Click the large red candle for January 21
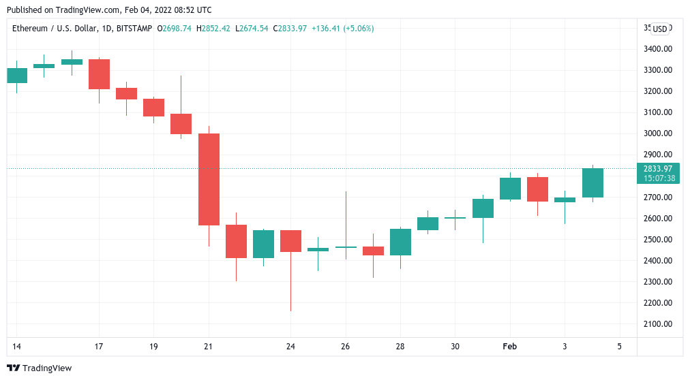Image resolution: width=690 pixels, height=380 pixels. pyautogui.click(x=209, y=179)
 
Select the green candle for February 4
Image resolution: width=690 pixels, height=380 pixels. pyautogui.click(x=592, y=183)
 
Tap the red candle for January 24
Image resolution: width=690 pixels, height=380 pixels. pyautogui.click(x=290, y=241)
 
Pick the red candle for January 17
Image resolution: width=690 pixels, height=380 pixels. pyautogui.click(x=99, y=74)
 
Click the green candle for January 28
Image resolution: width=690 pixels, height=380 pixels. pyautogui.click(x=400, y=242)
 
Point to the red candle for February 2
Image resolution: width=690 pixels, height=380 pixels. pyautogui.click(x=537, y=189)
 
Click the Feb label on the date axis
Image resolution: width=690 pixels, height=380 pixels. pyautogui.click(x=509, y=347)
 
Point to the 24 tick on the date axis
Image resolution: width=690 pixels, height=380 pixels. pyautogui.click(x=290, y=347)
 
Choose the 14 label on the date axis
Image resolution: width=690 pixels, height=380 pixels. pyautogui.click(x=16, y=347)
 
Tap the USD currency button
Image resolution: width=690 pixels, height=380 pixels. pyautogui.click(x=659, y=29)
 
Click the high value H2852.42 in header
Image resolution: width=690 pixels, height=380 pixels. pyautogui.click(x=213, y=29)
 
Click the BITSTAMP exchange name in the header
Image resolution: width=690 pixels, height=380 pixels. pyautogui.click(x=134, y=29)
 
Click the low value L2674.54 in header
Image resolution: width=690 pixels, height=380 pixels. pyautogui.click(x=252, y=29)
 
